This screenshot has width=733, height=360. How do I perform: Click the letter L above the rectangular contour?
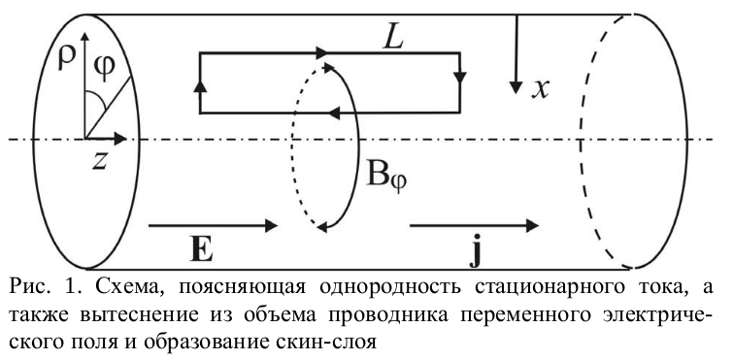tap(392, 38)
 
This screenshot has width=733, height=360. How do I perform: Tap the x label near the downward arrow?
tap(540, 87)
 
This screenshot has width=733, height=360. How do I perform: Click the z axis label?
tap(99, 160)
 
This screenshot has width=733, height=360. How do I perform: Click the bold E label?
tap(202, 250)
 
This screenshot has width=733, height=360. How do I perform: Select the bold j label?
tap(476, 252)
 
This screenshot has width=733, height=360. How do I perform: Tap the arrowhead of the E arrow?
tap(272, 225)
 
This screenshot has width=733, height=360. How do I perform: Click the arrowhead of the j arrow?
tap(533, 225)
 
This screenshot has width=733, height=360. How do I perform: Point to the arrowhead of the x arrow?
tap(516, 87)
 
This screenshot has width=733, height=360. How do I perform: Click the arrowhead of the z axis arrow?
tap(120, 139)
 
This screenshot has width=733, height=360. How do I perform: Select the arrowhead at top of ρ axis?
tap(84, 38)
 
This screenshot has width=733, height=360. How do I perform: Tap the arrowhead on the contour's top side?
tap(323, 52)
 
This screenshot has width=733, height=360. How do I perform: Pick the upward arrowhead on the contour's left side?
tap(200, 87)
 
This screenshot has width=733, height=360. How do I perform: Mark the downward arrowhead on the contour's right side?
tap(460, 78)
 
